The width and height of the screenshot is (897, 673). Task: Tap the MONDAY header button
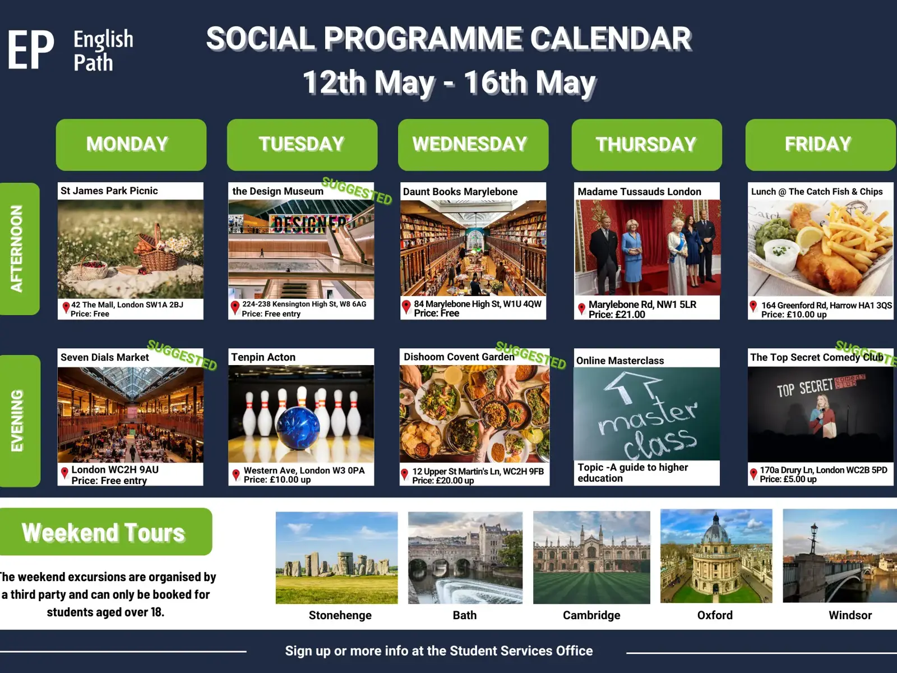(131, 145)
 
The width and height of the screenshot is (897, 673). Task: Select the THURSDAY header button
(646, 145)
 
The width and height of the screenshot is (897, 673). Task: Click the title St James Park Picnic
(109, 191)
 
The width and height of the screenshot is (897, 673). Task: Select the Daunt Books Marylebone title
(460, 192)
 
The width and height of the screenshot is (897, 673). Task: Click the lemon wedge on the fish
(810, 237)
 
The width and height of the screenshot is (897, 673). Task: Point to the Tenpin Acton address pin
(236, 475)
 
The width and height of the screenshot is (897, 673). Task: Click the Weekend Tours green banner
(105, 532)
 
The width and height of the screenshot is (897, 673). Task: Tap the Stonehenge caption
(340, 615)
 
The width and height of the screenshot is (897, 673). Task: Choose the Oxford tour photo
(716, 556)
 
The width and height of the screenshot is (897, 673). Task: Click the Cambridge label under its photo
(591, 615)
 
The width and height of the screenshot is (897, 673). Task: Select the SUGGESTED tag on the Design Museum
(357, 191)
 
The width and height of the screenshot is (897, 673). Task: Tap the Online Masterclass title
(620, 361)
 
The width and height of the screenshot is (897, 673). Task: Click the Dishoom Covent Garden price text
(443, 481)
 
